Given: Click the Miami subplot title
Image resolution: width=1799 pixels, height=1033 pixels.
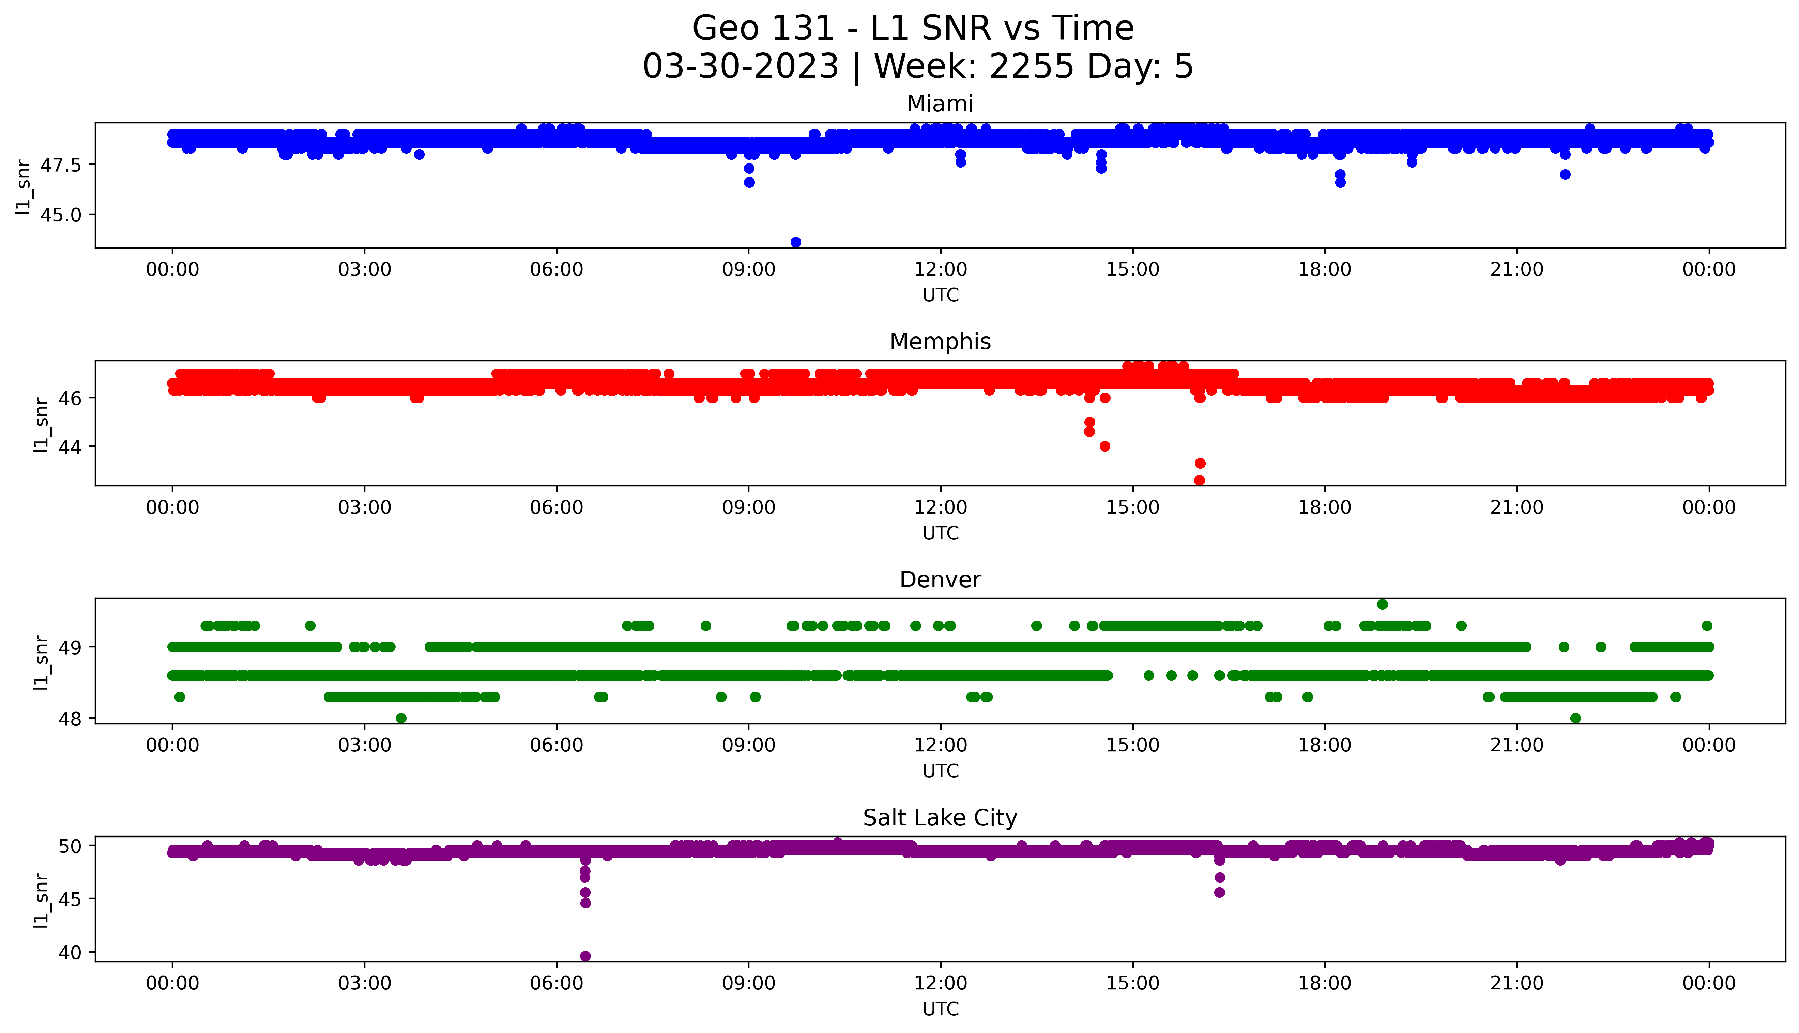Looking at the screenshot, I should click(x=940, y=104).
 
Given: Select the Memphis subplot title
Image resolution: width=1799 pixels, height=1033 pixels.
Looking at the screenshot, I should click(x=940, y=342).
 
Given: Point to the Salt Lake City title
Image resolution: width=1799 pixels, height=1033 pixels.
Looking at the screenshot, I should click(x=940, y=818).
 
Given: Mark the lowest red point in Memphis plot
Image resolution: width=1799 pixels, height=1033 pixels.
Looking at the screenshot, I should click(x=1199, y=480).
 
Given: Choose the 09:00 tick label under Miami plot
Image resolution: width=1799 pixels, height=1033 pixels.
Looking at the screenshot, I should click(x=749, y=270).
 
